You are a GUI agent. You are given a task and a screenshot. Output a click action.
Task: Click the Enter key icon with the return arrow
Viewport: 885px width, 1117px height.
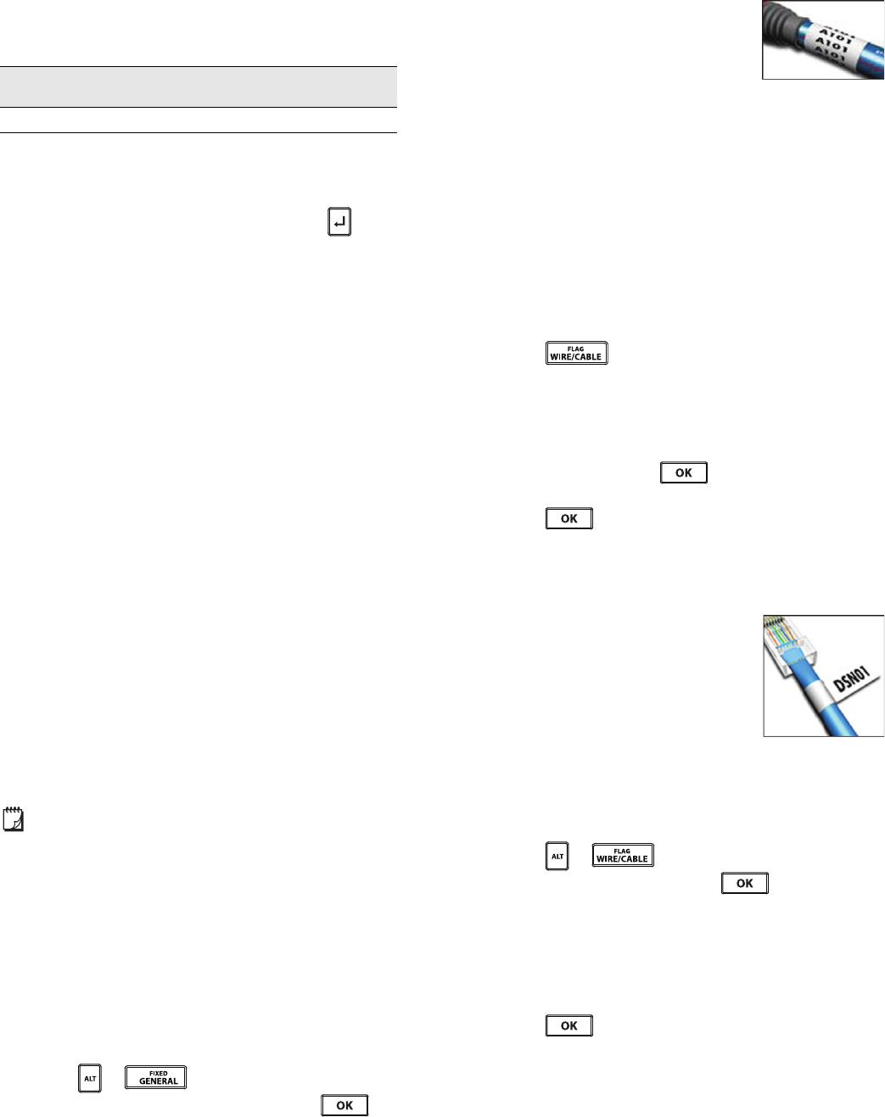(x=339, y=222)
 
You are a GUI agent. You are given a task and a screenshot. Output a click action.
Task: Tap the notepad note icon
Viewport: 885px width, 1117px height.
(x=13, y=819)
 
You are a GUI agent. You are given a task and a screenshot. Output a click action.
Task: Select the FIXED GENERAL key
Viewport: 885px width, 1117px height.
(x=156, y=1077)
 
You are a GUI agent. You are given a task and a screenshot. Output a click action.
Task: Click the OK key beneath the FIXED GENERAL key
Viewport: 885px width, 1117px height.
(x=344, y=1105)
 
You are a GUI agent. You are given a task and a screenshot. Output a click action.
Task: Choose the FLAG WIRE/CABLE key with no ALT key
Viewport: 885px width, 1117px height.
(x=576, y=353)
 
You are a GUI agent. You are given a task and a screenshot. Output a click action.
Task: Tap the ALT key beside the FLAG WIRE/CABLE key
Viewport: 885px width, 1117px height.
(x=557, y=856)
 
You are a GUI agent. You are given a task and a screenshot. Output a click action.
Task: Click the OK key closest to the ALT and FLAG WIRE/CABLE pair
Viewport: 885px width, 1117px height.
(x=744, y=883)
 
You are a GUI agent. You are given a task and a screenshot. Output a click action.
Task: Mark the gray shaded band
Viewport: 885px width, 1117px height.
(x=199, y=87)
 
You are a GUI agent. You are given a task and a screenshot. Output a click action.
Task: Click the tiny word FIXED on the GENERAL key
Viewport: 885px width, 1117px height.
(x=158, y=1073)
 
